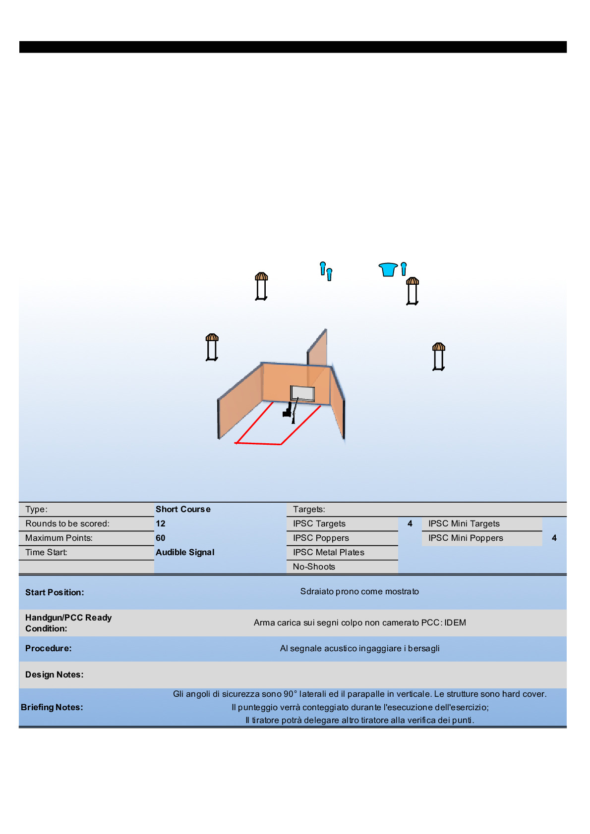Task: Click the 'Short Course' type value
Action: pyautogui.click(x=183, y=509)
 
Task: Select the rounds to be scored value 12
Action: pyautogui.click(x=161, y=523)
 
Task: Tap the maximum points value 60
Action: pyautogui.click(x=161, y=538)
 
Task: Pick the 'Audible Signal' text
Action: pyautogui.click(x=185, y=552)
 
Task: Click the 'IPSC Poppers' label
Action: pyautogui.click(x=321, y=538)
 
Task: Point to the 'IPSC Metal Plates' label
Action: pyautogui.click(x=328, y=552)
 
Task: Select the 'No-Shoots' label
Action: pyautogui.click(x=314, y=567)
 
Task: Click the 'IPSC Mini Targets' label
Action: pyautogui.click(x=464, y=523)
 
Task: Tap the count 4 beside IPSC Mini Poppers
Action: pyautogui.click(x=554, y=538)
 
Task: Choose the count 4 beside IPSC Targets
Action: pyautogui.click(x=410, y=523)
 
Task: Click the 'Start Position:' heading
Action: pyautogui.click(x=55, y=592)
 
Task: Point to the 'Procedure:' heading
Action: pyautogui.click(x=48, y=648)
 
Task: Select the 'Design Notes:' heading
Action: pyautogui.click(x=54, y=675)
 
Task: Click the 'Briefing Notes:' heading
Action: pyautogui.click(x=52, y=707)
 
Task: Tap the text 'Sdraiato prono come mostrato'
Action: pyautogui.click(x=359, y=591)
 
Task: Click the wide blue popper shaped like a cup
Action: pyautogui.click(x=388, y=269)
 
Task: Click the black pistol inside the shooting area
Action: pyautogui.click(x=287, y=411)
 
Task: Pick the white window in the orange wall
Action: pyautogui.click(x=302, y=393)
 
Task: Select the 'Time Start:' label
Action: pyautogui.click(x=46, y=552)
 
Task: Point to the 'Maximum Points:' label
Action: pyautogui.click(x=59, y=538)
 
